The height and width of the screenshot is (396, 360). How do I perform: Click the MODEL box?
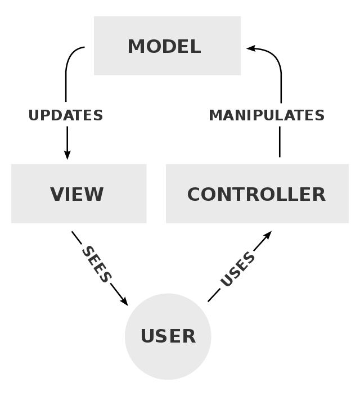point(167,46)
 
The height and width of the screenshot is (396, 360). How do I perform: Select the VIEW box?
point(78,193)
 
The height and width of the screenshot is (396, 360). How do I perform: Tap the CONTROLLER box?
point(257,193)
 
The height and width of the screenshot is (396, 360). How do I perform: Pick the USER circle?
point(168,336)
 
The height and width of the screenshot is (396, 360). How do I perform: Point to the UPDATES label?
point(66,115)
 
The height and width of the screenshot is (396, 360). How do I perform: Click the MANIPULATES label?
point(267,115)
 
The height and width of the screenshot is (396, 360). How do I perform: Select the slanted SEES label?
point(97,264)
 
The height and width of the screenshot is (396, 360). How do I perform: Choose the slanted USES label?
point(237,269)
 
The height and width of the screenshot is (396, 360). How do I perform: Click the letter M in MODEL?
point(137,47)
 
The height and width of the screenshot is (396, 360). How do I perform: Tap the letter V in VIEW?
point(57,195)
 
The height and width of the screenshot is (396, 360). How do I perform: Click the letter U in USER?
point(147,336)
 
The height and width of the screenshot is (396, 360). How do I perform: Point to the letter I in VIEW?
point(70,195)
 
